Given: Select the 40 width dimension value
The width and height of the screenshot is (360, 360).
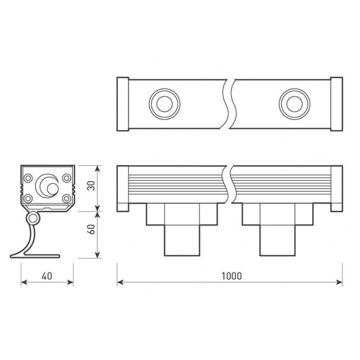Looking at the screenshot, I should (47, 276).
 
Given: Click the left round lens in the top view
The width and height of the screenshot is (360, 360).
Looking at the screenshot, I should (163, 103).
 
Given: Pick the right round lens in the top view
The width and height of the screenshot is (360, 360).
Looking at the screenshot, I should (292, 103).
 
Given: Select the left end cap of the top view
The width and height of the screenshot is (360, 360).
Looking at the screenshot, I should (122, 103).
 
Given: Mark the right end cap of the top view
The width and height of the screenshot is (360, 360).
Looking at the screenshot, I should (336, 103).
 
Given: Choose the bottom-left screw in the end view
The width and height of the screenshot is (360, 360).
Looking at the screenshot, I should (29, 198).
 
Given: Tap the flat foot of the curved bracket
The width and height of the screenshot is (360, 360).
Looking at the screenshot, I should (37, 255).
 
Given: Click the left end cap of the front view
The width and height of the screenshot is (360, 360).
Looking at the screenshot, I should (122, 188).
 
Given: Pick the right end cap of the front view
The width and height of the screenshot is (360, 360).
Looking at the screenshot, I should (336, 188).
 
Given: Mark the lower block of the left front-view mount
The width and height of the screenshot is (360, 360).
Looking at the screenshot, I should (182, 240).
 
